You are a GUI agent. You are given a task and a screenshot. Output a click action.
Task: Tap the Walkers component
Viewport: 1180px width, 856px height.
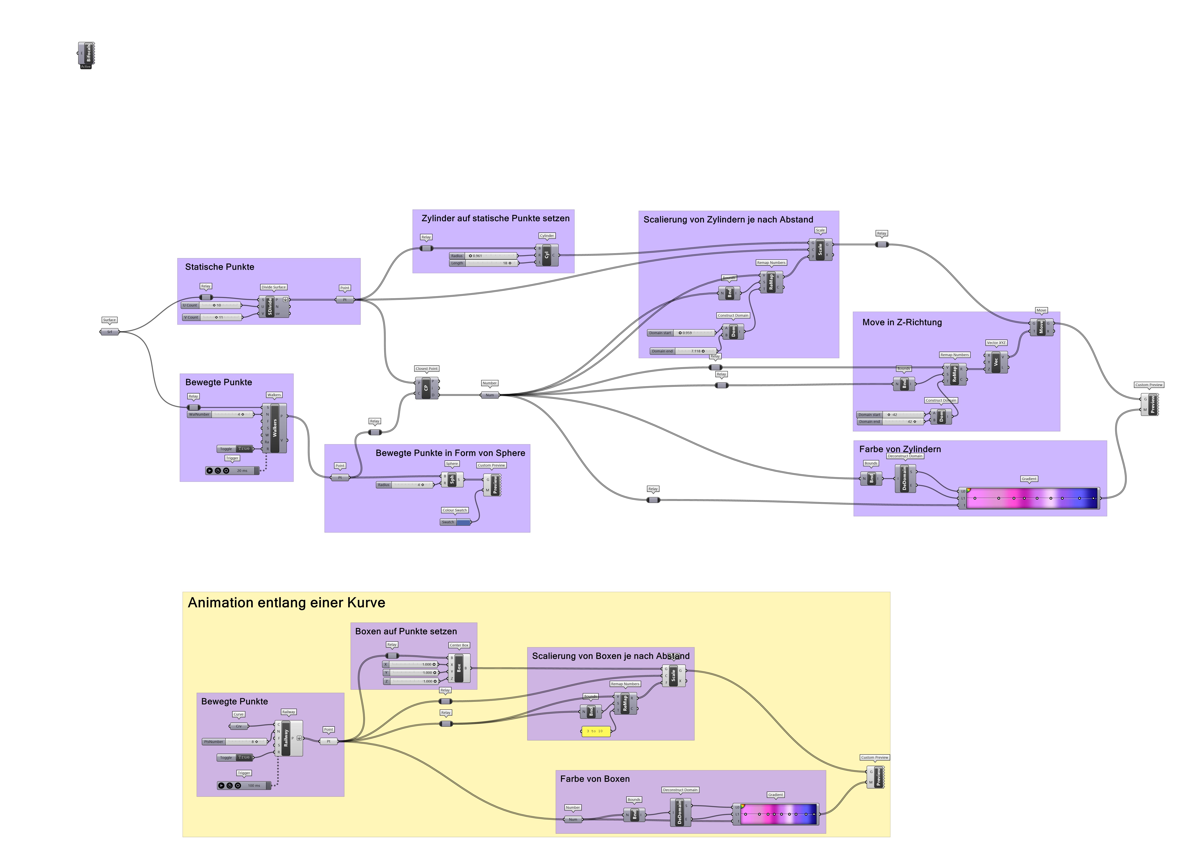click(275, 428)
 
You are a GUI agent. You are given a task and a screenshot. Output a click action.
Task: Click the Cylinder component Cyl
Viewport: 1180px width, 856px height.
click(547, 255)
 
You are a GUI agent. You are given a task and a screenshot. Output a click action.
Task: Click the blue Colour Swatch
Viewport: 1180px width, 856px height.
click(463, 522)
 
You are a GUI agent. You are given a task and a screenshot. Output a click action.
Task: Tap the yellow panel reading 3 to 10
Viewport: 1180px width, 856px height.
click(595, 731)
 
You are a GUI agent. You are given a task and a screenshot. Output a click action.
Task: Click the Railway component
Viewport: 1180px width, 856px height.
click(286, 738)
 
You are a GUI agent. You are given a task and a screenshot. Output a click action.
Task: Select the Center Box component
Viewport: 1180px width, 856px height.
click(459, 668)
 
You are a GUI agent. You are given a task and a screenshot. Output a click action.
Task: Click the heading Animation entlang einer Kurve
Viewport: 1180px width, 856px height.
click(286, 603)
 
